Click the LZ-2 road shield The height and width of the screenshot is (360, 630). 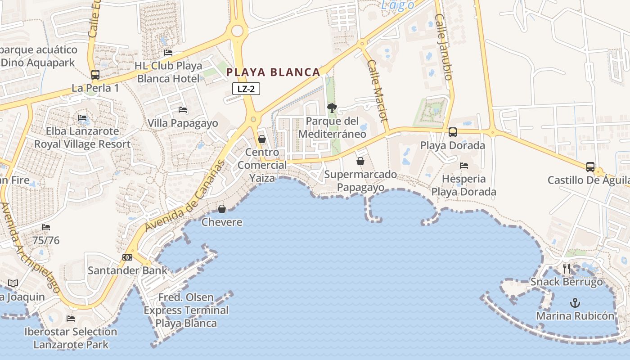246,89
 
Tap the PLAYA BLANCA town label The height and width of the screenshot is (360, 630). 273,72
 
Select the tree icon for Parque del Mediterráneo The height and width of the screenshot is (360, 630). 332,108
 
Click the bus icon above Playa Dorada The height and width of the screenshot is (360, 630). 453,132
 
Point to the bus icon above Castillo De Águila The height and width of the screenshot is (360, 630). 590,167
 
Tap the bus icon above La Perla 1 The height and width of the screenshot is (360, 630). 95,75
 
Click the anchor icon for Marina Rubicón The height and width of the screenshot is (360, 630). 575,302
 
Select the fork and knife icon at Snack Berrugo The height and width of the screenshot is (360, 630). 567,269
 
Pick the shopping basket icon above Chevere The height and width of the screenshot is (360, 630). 221,209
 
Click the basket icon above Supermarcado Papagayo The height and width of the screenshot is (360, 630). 360,161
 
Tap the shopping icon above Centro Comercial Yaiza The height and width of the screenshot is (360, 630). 262,139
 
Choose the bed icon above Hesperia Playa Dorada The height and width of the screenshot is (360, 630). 464,166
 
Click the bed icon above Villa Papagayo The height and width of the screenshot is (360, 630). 183,109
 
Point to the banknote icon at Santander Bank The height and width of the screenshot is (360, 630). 127,257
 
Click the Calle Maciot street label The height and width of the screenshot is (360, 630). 377,90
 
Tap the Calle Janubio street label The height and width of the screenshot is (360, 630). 443,47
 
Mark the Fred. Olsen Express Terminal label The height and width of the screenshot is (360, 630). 186,310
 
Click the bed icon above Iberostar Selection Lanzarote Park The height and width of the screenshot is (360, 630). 71,319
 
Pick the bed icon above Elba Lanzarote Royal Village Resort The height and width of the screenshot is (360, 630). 82,118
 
